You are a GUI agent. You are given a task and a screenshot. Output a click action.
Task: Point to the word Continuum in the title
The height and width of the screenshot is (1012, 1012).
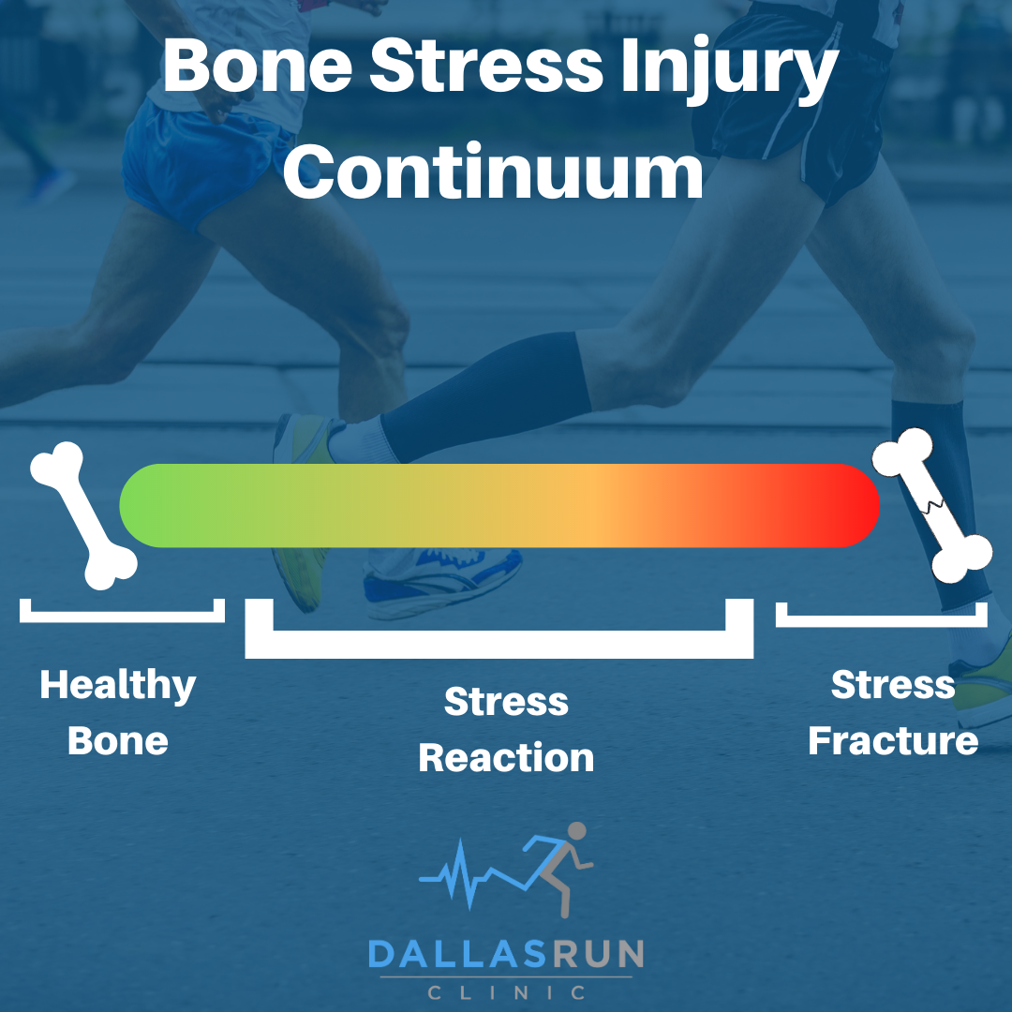click(493, 172)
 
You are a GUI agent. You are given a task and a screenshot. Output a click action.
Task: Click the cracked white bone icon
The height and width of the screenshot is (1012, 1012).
click(932, 507)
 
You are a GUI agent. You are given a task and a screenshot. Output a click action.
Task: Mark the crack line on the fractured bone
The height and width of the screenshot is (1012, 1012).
click(930, 507)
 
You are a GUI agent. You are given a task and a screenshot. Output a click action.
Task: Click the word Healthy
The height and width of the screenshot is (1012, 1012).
click(118, 686)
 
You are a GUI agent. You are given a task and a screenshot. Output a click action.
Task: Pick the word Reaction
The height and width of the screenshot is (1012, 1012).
click(506, 757)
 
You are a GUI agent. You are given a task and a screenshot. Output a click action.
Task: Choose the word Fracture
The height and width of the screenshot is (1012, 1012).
click(893, 741)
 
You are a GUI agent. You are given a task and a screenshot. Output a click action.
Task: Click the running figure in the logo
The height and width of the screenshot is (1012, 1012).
click(562, 862)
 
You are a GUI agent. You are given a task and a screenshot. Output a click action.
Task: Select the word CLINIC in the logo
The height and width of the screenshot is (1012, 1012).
click(506, 991)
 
